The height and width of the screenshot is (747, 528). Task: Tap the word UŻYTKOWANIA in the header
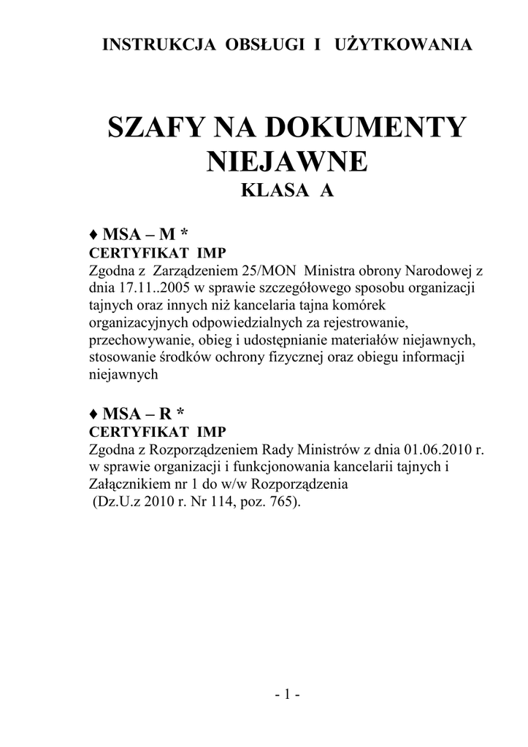(x=403, y=45)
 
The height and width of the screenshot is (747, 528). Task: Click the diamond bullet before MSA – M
(x=93, y=235)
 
